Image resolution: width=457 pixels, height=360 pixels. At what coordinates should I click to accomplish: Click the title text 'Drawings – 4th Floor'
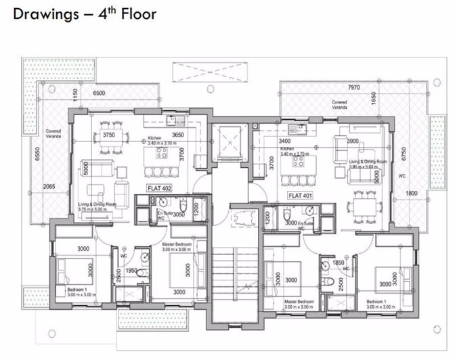click(x=85, y=14)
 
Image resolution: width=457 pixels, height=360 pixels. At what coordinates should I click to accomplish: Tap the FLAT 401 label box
click(x=300, y=195)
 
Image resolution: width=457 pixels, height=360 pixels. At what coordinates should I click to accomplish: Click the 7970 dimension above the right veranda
click(x=353, y=87)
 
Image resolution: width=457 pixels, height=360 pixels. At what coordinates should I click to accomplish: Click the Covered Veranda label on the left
click(x=53, y=135)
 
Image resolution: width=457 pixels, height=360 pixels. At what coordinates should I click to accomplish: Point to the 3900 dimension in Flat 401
click(x=352, y=141)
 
